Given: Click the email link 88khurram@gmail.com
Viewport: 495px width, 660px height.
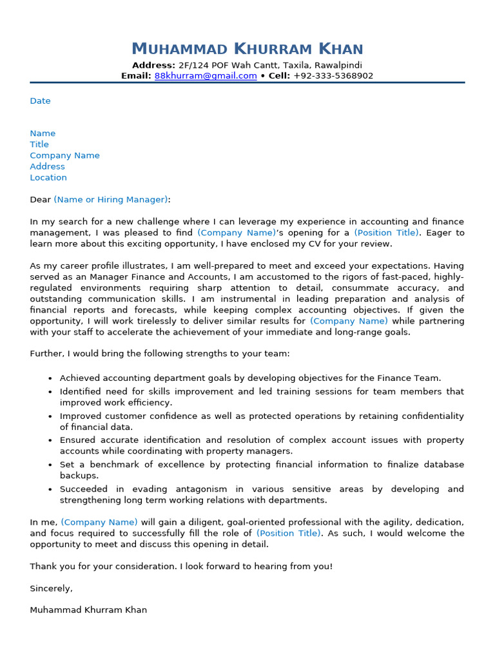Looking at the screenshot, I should (206, 76).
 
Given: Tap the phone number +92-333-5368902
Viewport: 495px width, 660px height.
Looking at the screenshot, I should (333, 76).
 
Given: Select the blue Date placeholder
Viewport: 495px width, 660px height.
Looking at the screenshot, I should (40, 101).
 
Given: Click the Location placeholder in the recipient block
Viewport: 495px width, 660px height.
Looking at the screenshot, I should (48, 178).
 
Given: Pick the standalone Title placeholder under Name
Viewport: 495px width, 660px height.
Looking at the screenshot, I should (39, 145).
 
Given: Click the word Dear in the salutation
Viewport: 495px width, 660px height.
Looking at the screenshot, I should (40, 200).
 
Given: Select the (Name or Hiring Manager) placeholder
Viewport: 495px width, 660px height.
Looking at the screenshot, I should (111, 200).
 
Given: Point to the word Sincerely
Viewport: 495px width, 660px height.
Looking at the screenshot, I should (51, 588).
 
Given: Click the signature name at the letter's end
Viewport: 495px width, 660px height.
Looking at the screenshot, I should (88, 610).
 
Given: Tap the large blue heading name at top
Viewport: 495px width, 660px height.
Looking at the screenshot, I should (247, 49).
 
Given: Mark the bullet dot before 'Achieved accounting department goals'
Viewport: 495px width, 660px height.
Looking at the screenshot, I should (50, 379).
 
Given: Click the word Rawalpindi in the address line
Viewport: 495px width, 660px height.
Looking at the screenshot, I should (338, 65).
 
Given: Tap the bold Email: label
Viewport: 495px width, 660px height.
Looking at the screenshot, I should (136, 76).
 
